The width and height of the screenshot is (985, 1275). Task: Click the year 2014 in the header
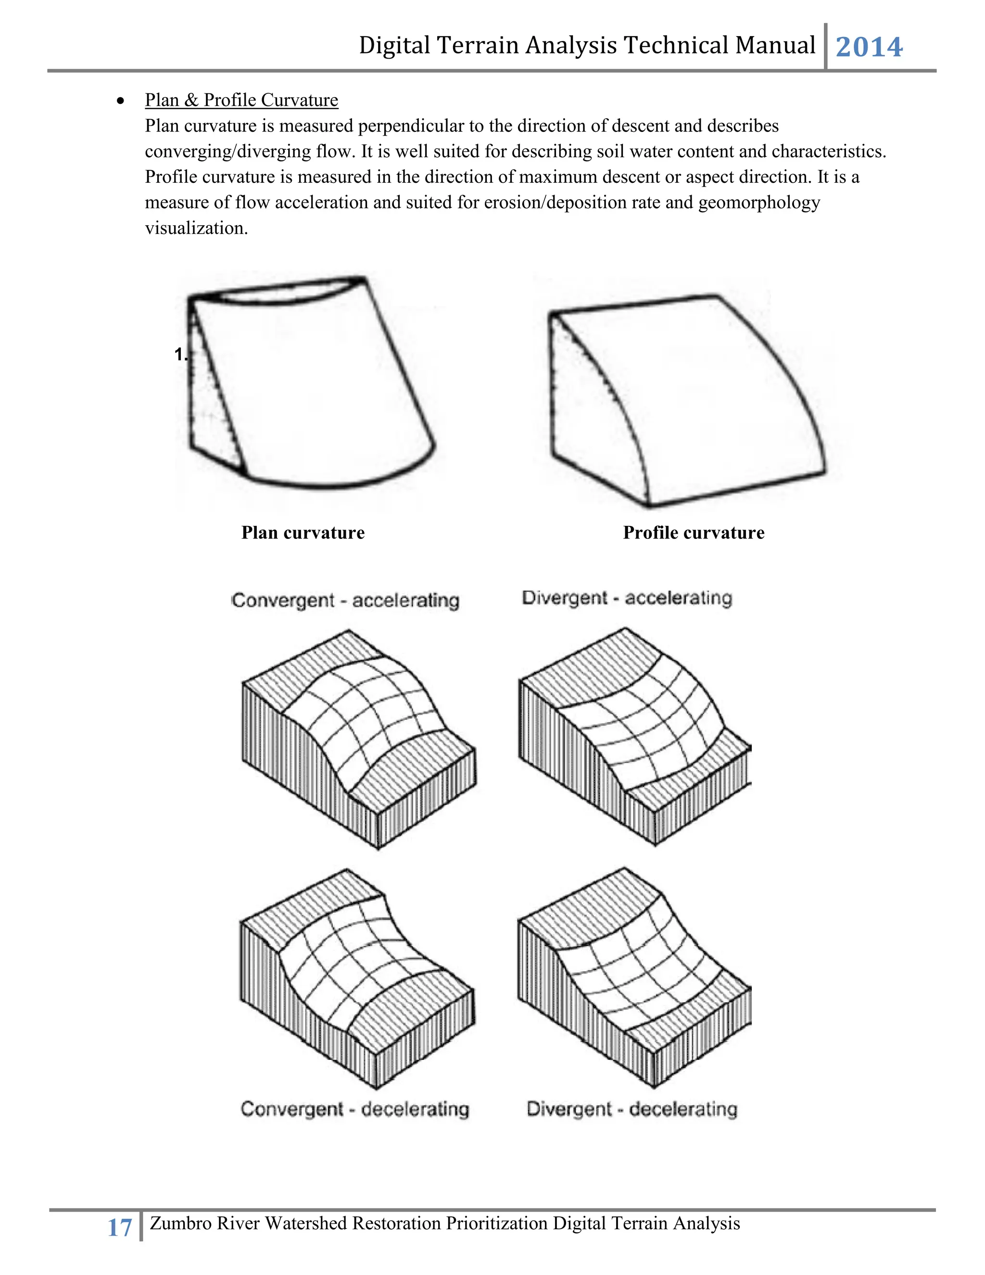coord(869,47)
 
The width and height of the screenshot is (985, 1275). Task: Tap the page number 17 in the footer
coord(120,1228)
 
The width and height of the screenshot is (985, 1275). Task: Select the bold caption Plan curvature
coord(303,533)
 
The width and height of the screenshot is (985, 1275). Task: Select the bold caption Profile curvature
coord(693,533)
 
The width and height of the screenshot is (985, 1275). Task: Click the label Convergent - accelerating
coord(345,600)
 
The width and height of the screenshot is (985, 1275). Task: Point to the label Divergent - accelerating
coord(627,598)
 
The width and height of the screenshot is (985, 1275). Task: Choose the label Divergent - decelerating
coord(632,1109)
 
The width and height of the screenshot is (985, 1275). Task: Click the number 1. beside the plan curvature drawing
coord(180,355)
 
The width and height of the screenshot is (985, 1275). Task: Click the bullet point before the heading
coord(120,101)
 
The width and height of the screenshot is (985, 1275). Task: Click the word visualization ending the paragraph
coord(196,228)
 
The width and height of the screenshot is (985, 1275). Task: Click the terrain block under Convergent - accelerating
coord(359,739)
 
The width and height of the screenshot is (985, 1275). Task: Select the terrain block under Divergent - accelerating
coord(635,736)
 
